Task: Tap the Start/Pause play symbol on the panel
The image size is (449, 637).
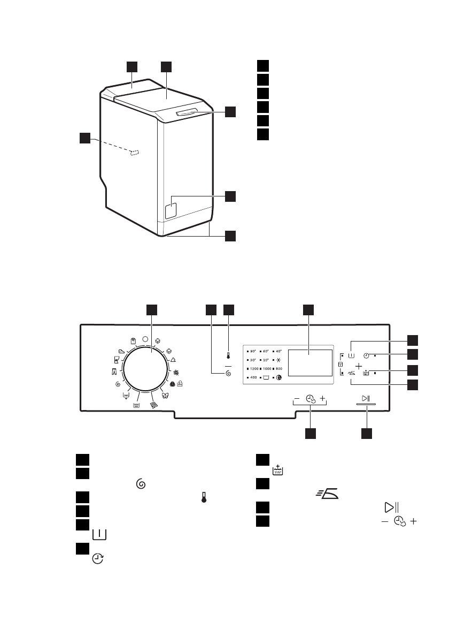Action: pos(366,399)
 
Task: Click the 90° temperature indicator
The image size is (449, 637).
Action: pos(253,351)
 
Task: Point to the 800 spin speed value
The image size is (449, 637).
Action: pos(278,369)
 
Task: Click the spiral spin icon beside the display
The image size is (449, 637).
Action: pos(228,373)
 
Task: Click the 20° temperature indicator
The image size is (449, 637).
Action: pos(266,360)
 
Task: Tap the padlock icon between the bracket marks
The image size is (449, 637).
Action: pos(340,365)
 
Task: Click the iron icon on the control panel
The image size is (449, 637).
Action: pos(351,374)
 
